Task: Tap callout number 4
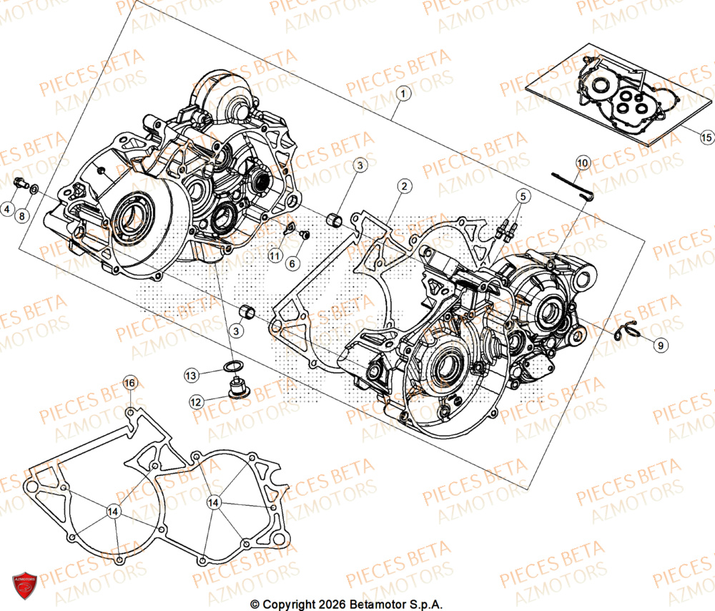[x=6, y=210]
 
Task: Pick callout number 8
[x=22, y=215]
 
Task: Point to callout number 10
[x=582, y=164]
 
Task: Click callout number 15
[x=706, y=137]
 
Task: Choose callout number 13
[x=191, y=374]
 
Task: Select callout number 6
[x=292, y=263]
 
